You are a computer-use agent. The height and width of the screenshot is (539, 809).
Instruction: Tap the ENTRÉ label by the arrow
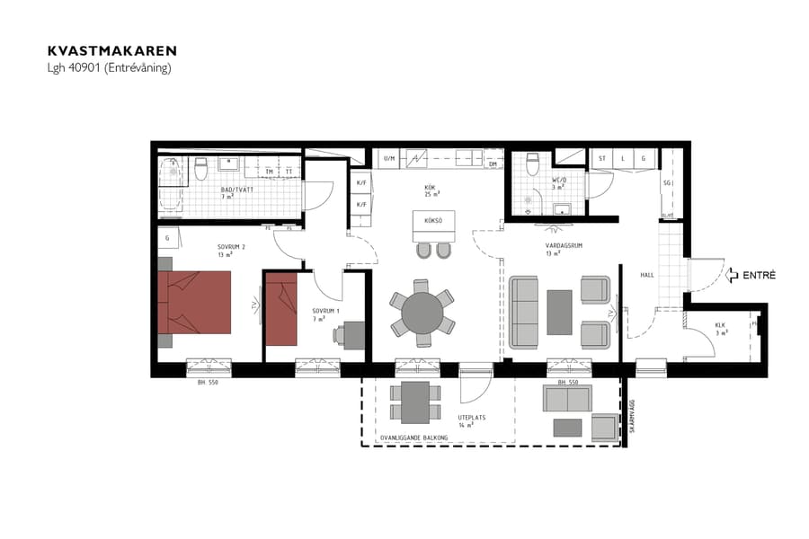pos(759,275)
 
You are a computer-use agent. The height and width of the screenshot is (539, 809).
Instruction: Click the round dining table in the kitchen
pos(422,313)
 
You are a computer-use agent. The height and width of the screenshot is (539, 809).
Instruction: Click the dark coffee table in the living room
pos(559,311)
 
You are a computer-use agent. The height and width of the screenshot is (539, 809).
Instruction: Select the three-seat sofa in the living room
pos(526,312)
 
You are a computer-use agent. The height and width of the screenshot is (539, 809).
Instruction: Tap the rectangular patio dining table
pos(415,402)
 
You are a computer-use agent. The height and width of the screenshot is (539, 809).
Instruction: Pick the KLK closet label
pos(720,325)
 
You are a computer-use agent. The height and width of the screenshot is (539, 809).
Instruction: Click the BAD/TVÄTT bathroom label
pos(236,190)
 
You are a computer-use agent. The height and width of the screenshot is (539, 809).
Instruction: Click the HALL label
pos(647,275)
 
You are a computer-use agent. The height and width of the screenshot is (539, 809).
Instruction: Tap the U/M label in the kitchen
pos(389,159)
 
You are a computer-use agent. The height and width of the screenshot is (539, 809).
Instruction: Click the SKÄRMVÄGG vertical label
pos(632,416)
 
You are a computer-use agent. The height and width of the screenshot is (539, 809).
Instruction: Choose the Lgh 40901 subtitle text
pos(109,68)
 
